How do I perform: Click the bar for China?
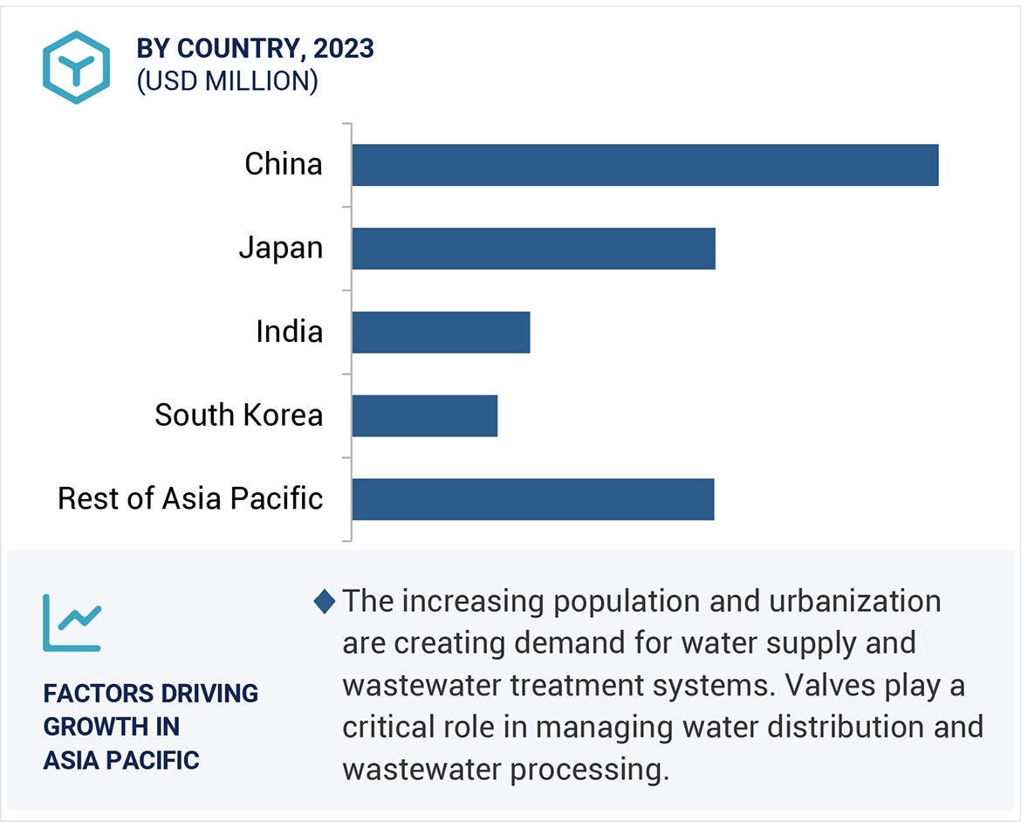tap(645, 165)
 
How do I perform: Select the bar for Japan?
tap(533, 249)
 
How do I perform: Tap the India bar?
tap(441, 332)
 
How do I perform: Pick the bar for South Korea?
tap(424, 415)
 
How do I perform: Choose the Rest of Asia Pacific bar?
tap(532, 499)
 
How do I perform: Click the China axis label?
tap(283, 164)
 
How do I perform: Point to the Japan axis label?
tap(280, 249)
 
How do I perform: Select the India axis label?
tap(289, 332)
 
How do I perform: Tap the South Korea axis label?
tap(238, 414)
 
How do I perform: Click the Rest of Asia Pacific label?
tap(189, 498)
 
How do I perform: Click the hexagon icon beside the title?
tap(76, 68)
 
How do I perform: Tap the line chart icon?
tap(72, 622)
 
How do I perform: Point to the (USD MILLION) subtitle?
tap(227, 81)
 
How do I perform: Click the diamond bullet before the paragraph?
tap(324, 601)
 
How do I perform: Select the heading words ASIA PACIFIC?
tap(121, 760)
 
